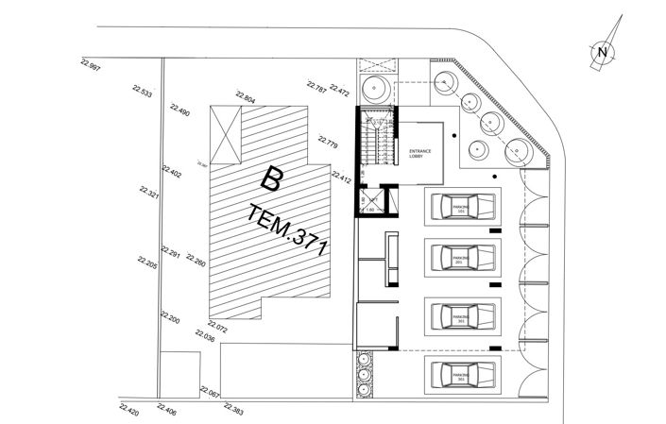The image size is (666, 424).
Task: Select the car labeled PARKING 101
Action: pyautogui.click(x=461, y=207)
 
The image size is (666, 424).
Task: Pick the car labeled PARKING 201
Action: pyautogui.click(x=461, y=259)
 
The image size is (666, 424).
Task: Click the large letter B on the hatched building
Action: pyautogui.click(x=272, y=177)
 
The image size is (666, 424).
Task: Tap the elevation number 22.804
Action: pyautogui.click(x=244, y=97)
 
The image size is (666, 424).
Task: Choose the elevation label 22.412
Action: pyautogui.click(x=341, y=177)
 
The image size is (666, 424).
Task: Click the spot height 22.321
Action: pyautogui.click(x=148, y=194)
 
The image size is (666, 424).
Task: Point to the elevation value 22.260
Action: pyautogui.click(x=196, y=260)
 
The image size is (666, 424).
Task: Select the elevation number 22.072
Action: pyautogui.click(x=215, y=327)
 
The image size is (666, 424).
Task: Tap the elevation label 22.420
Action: pyautogui.click(x=128, y=410)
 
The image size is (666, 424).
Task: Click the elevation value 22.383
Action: pyautogui.click(x=233, y=409)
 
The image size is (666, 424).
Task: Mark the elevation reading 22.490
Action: pyautogui.click(x=179, y=110)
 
